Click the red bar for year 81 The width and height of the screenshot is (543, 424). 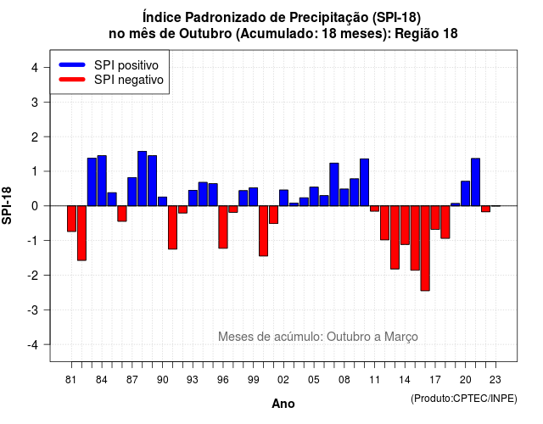[71, 219]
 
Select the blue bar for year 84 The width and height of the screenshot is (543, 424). [102, 181]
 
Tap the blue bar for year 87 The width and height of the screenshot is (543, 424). [132, 192]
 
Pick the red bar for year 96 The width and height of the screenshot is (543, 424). [223, 227]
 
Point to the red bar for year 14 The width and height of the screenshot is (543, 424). [405, 226]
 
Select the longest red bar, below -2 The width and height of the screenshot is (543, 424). [425, 248]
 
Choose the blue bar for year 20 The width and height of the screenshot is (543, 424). [466, 193]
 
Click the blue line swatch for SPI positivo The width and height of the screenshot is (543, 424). [72, 64]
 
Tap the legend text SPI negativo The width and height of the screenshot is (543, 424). [129, 80]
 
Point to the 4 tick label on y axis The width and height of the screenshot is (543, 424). [35, 68]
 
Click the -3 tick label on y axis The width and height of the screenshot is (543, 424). [33, 310]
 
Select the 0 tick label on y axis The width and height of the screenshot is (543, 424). [35, 206]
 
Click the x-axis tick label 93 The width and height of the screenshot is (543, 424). [193, 380]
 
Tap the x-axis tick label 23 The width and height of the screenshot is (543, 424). [495, 380]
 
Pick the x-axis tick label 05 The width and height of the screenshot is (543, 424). [313, 380]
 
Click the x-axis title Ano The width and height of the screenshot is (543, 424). [283, 404]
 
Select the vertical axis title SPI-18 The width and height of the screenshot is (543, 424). [7, 206]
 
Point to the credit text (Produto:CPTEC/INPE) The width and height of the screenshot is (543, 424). [464, 399]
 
